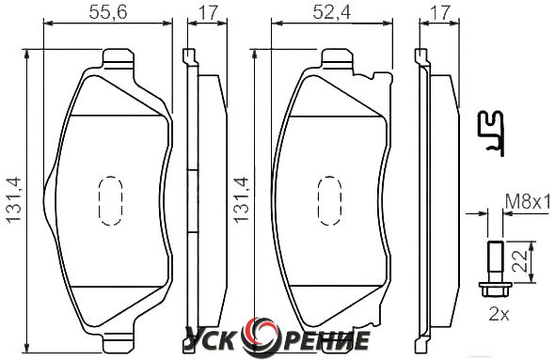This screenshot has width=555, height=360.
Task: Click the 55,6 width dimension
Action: click(x=108, y=12)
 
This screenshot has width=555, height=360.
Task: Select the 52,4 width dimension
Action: click(x=332, y=12)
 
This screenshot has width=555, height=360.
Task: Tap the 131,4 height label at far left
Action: click(x=14, y=200)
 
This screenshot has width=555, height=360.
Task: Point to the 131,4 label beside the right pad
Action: click(x=242, y=200)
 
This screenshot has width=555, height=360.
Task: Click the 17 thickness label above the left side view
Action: click(x=208, y=12)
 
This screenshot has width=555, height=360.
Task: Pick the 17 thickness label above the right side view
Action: click(x=440, y=12)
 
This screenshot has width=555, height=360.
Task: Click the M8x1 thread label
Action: click(x=528, y=203)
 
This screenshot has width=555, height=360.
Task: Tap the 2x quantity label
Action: click(x=499, y=314)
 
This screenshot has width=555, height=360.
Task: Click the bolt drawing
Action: click(x=495, y=269)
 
